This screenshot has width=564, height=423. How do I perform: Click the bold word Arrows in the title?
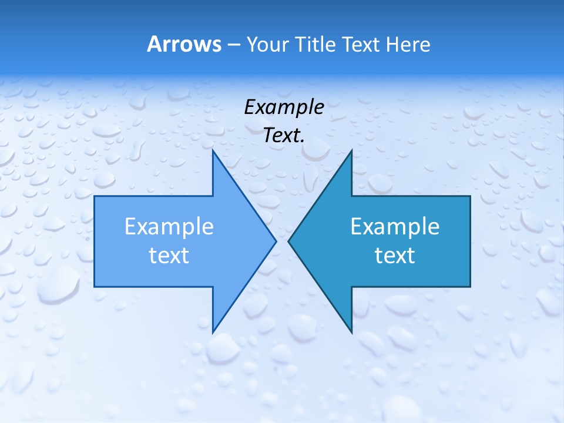tap(184, 44)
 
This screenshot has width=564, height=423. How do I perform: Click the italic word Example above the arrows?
tap(284, 107)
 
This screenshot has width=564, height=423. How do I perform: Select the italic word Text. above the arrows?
tap(284, 136)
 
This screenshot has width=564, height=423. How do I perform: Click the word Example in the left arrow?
tap(169, 226)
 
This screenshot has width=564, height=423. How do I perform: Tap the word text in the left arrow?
tap(169, 255)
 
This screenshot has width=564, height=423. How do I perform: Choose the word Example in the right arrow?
tap(395, 226)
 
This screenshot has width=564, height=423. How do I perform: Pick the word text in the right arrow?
tap(395, 255)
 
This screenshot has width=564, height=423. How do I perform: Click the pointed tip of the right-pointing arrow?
tap(276, 241)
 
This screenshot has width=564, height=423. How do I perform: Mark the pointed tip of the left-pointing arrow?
tap(288, 241)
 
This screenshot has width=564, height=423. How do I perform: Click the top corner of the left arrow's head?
tap(213, 150)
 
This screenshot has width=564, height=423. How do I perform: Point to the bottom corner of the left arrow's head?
tap(213, 332)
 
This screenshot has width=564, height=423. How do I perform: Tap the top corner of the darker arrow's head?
tap(351, 150)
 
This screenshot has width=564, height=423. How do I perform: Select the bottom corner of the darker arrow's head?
tap(351, 332)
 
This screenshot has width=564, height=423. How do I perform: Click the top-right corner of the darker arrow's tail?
tap(470, 196)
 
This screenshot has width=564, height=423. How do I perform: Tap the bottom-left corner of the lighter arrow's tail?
tap(95, 287)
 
